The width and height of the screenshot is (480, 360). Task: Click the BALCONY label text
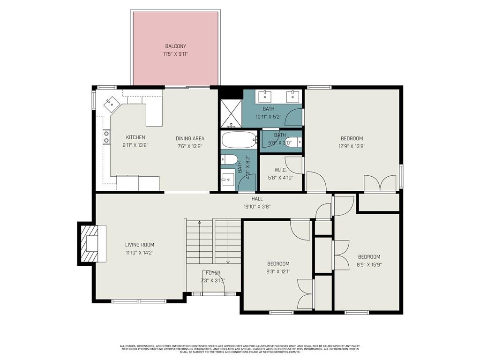coord(175,46)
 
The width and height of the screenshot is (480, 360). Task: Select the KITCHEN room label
coord(135,137)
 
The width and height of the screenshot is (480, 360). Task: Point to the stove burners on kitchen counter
coord(106,137)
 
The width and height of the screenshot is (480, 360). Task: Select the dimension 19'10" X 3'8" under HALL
coord(257,206)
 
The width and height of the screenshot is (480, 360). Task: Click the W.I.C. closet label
coord(280,170)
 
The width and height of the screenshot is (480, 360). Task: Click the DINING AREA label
coord(190,138)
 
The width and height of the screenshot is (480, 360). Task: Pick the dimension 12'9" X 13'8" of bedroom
coord(352,146)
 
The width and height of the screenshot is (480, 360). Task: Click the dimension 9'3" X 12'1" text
coord(278,271)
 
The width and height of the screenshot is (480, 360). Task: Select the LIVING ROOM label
coord(139,245)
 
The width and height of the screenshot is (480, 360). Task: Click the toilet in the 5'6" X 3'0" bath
coord(289,142)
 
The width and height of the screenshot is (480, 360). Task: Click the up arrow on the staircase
coord(199,222)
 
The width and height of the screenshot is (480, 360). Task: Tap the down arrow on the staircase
coord(228,262)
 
